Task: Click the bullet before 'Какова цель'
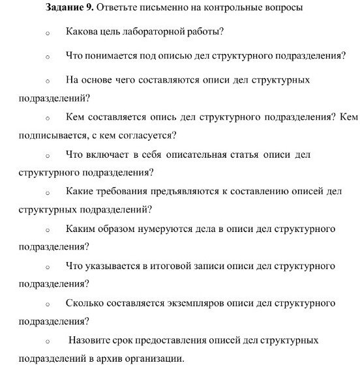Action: [47, 32]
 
